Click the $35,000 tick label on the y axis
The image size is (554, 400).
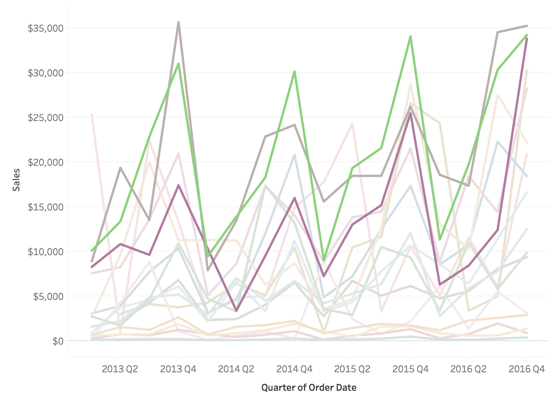(x=45, y=28)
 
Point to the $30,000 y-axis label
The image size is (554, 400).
(x=45, y=73)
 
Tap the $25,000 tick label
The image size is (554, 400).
(x=45, y=118)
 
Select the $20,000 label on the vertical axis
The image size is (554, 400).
(x=45, y=162)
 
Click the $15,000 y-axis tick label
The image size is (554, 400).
(x=45, y=207)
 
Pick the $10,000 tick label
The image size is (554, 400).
(x=45, y=252)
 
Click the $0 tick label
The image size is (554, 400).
(x=58, y=341)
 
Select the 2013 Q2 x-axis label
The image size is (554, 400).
(x=120, y=369)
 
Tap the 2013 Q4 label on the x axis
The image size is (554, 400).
(x=178, y=369)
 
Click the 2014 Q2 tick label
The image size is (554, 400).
(x=236, y=369)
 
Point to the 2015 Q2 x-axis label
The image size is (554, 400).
(x=352, y=369)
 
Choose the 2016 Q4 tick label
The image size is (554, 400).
(x=526, y=369)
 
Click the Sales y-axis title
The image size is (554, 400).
(x=16, y=180)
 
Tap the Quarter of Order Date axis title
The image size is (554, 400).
(x=309, y=388)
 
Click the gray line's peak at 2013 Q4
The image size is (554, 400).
(x=179, y=22)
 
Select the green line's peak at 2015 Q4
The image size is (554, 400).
(x=410, y=37)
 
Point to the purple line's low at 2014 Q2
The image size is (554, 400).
(x=237, y=311)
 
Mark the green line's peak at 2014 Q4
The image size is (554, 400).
(x=294, y=72)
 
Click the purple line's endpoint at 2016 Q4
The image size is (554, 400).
(x=526, y=39)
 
